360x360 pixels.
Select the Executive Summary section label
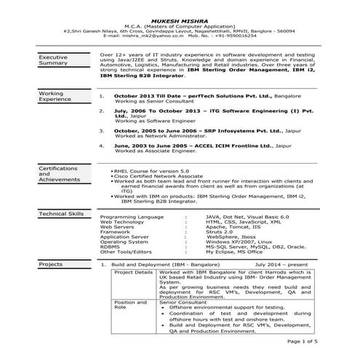[x=53, y=60]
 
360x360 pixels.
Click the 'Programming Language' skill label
[x=132, y=217]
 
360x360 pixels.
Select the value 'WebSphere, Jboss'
[x=231, y=237]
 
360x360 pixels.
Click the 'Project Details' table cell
[x=134, y=273]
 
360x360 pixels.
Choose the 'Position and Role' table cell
[x=130, y=304]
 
